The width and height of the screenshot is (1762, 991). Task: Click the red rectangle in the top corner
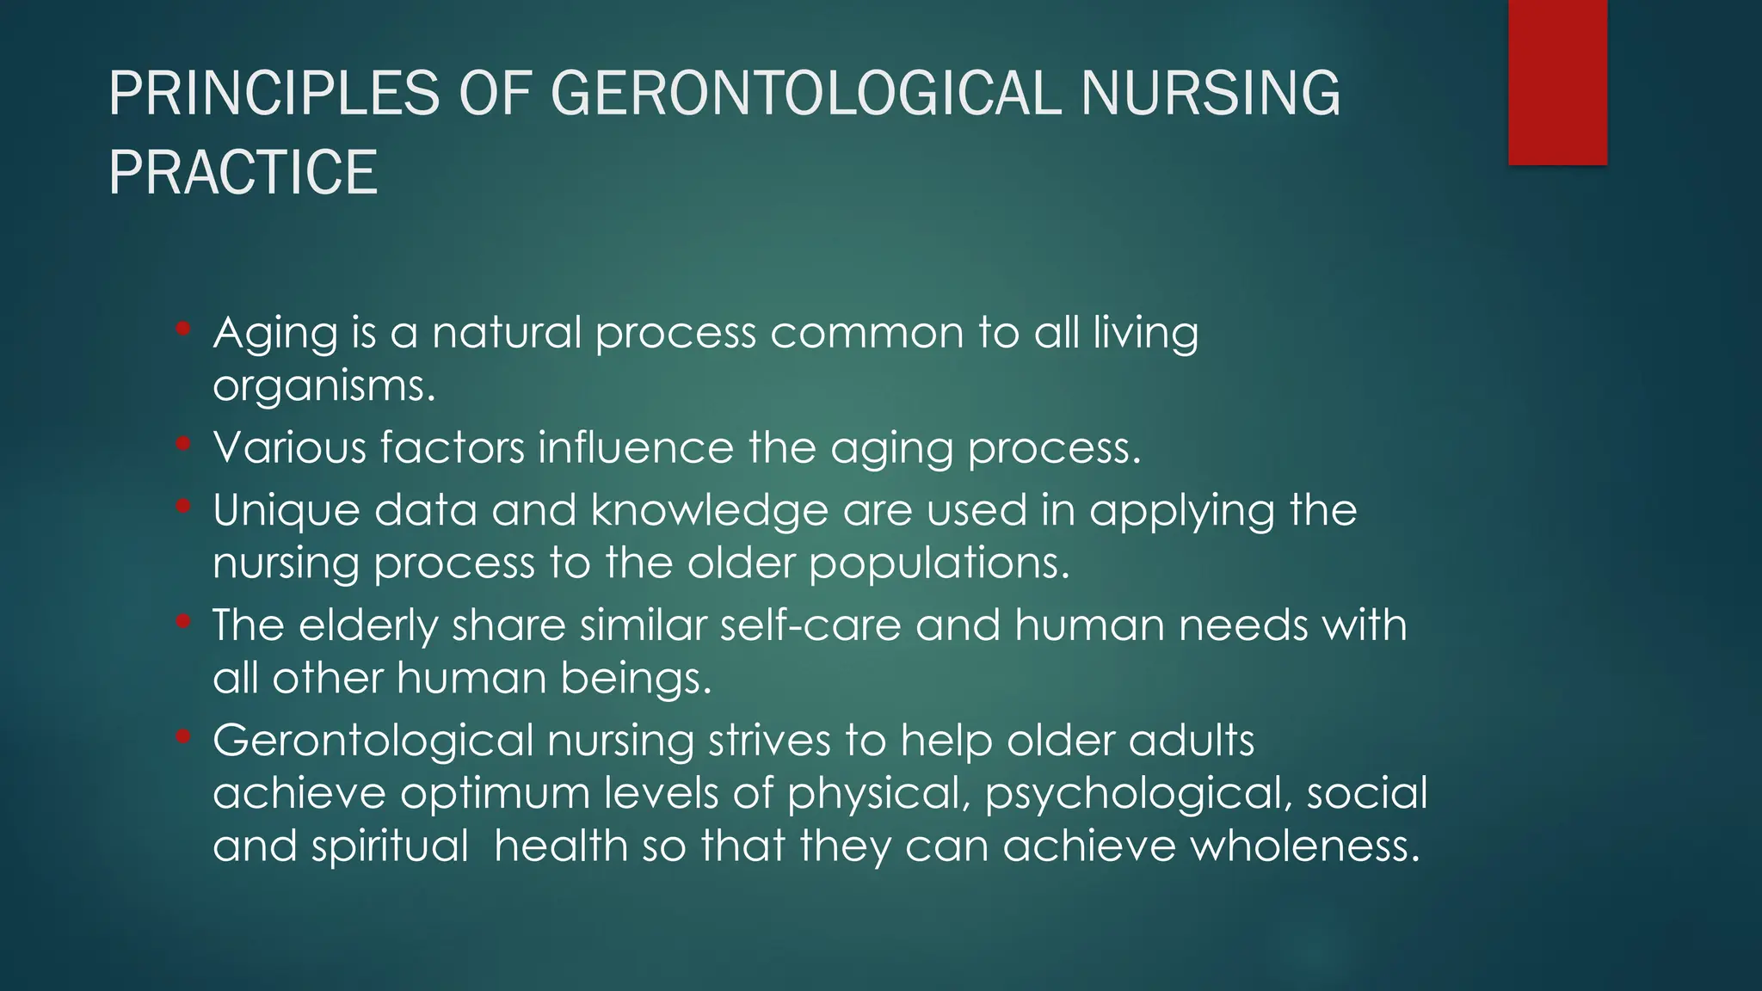[x=1557, y=82]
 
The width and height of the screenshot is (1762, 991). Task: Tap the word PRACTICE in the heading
[x=243, y=172]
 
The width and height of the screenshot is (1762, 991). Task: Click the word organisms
[x=323, y=385]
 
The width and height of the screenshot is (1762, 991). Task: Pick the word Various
[x=290, y=447]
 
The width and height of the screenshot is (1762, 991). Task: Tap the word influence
[x=636, y=447]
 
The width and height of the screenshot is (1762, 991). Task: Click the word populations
[x=939, y=563]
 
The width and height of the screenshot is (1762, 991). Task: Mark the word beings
[x=636, y=679]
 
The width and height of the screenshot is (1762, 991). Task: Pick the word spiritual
[x=390, y=846]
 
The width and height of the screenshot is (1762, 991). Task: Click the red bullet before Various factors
[x=182, y=444]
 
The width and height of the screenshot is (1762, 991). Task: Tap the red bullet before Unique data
[x=182, y=507]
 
